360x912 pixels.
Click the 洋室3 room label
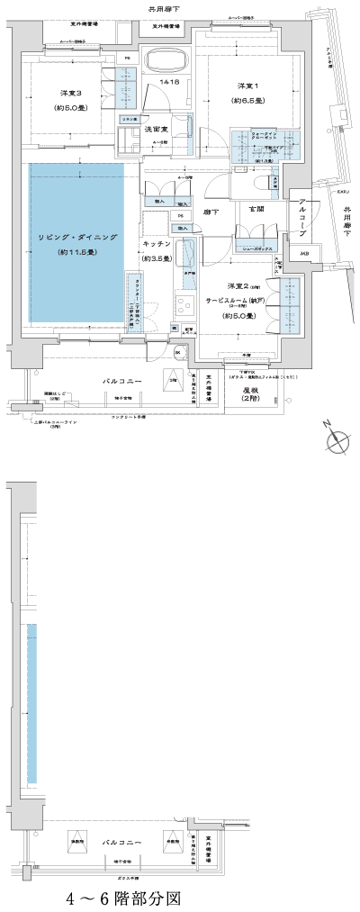71,94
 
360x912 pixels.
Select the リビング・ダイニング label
77,236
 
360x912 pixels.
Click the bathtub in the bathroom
164,63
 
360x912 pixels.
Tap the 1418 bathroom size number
167,83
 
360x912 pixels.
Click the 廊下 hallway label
213,212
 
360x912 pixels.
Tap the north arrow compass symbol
340,441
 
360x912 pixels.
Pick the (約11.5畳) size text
77,253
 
